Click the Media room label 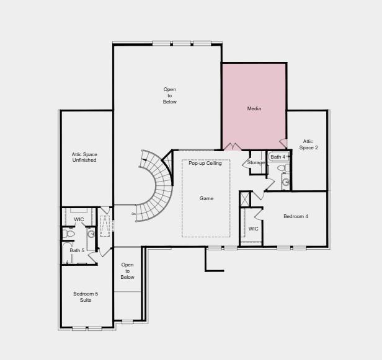point(254,108)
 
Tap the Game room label point(206,198)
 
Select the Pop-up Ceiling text point(205,163)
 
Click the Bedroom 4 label point(296,216)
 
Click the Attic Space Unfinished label point(84,157)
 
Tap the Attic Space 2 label point(308,144)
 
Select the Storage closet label point(256,162)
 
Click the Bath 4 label point(278,157)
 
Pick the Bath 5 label point(77,250)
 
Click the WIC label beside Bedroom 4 point(253,229)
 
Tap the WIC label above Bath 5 point(79,219)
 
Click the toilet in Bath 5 point(68,234)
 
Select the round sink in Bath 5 point(91,234)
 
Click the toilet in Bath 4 point(281,168)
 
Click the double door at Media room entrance point(232,147)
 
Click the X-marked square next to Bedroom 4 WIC point(246,199)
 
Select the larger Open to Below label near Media point(169,95)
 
